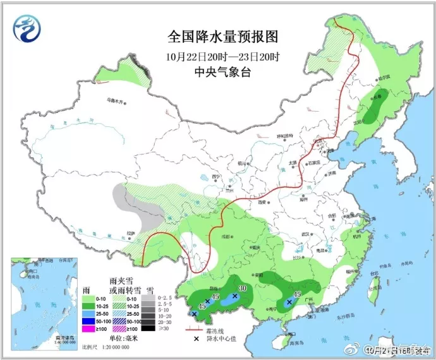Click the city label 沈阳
(361, 122)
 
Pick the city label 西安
(262, 203)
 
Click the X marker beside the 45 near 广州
(289, 302)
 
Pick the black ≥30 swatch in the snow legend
(147, 328)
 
